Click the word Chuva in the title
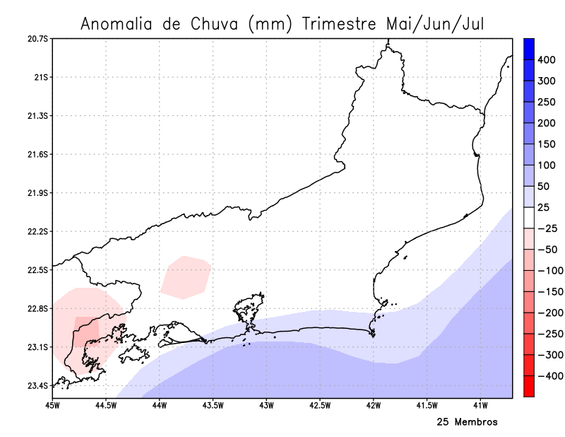tap(215, 23)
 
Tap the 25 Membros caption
tap(467, 422)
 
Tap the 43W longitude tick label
tap(266, 405)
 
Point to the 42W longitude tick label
tap(374, 405)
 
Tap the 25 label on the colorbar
tap(543, 207)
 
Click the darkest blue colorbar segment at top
tap(528, 48)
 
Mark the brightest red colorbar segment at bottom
tap(528, 386)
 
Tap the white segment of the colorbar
tap(528, 217)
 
